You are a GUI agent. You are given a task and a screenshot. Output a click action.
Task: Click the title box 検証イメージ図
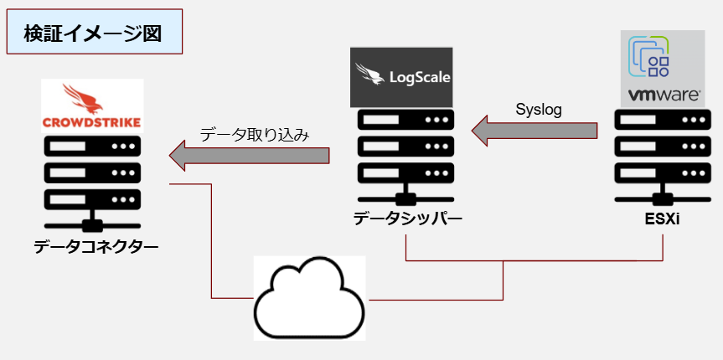[x=95, y=33]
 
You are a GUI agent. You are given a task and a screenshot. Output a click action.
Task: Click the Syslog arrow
[x=535, y=131]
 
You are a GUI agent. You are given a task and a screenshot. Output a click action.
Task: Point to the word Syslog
[x=538, y=109]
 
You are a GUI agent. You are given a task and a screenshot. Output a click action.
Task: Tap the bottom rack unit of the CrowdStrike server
[x=92, y=201]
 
